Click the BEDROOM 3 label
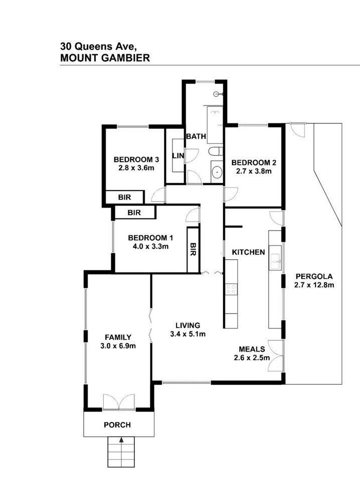tap(136, 159)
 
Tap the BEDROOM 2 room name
tap(254, 163)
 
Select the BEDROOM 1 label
tap(150, 238)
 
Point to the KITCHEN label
tap(248, 252)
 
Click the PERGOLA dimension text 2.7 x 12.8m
tap(314, 285)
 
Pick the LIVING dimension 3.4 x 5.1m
tap(188, 334)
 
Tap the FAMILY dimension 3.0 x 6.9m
tap(118, 346)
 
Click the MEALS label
tap(252, 349)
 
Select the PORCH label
tap(117, 425)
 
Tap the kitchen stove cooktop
tap(231, 289)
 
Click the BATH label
tap(196, 136)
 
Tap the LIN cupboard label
tap(178, 156)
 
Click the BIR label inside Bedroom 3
tap(124, 198)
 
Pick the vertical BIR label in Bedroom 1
tap(193, 249)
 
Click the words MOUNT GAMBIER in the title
tap(105, 58)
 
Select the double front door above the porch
tap(119, 402)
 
